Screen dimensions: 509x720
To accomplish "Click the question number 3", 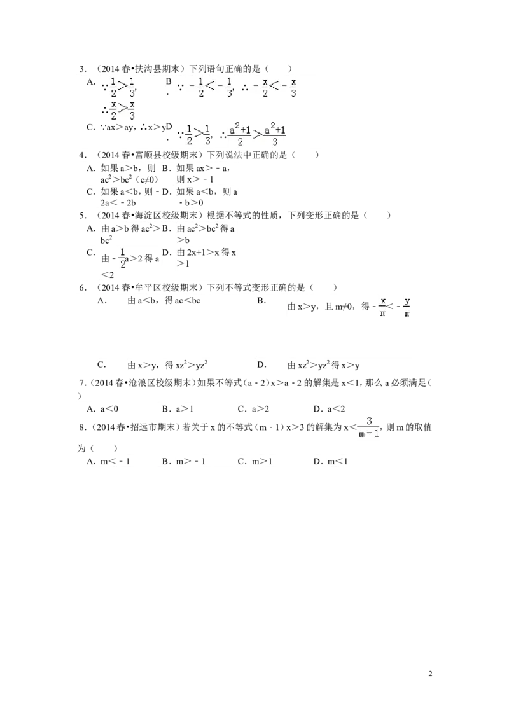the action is [83, 69].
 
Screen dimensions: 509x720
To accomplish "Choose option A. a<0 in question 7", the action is [102, 409].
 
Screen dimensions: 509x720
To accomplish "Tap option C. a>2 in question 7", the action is [253, 409].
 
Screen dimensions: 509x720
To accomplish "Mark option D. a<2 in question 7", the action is [329, 409].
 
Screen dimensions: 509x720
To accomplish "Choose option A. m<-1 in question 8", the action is [108, 462].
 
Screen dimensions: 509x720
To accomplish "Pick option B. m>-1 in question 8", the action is [184, 462].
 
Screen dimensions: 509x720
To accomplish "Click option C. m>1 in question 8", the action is [255, 462].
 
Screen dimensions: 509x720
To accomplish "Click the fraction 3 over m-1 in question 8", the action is [369, 427].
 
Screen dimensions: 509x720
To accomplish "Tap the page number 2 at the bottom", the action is [431, 674].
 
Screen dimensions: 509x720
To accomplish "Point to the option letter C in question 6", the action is [102, 365].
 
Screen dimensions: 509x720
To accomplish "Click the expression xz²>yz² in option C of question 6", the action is [185, 365].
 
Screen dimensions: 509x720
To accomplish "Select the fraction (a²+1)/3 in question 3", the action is [275, 135].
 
